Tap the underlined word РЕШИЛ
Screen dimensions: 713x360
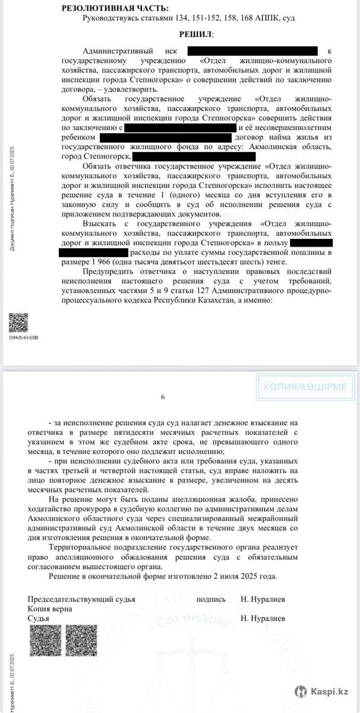[195, 35]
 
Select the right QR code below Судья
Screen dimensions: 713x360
[81, 640]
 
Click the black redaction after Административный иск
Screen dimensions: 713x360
[252, 51]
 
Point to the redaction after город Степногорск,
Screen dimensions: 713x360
[194, 157]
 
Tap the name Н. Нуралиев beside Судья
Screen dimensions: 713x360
[263, 619]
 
